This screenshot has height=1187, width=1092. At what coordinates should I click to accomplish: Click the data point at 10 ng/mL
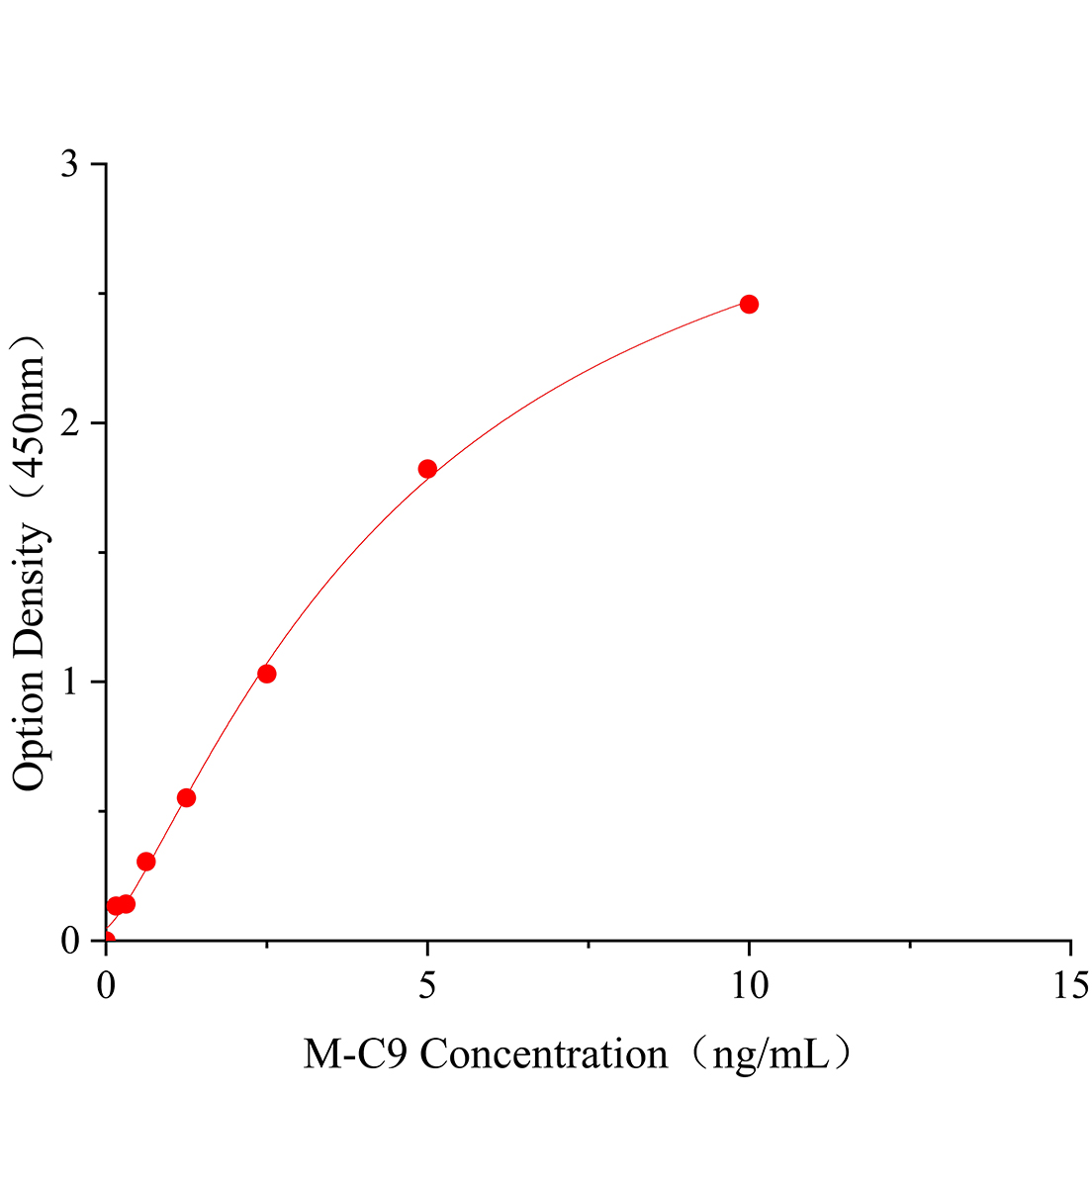coord(749,304)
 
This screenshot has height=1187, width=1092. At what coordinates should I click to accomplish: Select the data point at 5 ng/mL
coord(427,469)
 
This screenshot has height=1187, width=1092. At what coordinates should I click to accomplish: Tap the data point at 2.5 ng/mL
coord(266,674)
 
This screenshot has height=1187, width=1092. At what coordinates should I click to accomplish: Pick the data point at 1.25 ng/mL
coord(186,798)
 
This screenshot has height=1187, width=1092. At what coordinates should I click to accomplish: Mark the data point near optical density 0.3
coord(146,862)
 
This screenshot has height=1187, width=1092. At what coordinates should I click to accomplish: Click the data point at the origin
coord(106,940)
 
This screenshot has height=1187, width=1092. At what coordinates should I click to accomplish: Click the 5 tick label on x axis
coord(427,985)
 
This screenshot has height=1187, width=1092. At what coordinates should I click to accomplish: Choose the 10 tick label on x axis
coord(749,985)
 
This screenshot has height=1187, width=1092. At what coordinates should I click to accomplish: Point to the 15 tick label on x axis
coord(1069,985)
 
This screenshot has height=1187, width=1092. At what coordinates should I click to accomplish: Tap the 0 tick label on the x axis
coord(106,985)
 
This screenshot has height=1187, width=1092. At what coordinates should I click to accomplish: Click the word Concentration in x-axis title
coord(544,1054)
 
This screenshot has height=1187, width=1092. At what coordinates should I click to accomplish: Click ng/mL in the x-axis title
coord(770,1054)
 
